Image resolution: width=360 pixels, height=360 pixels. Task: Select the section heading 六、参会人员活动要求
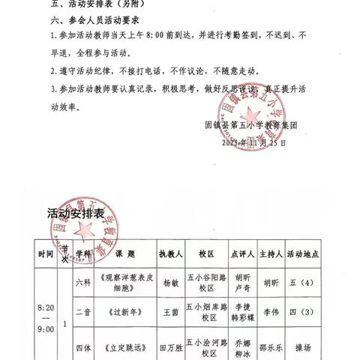click(88, 21)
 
